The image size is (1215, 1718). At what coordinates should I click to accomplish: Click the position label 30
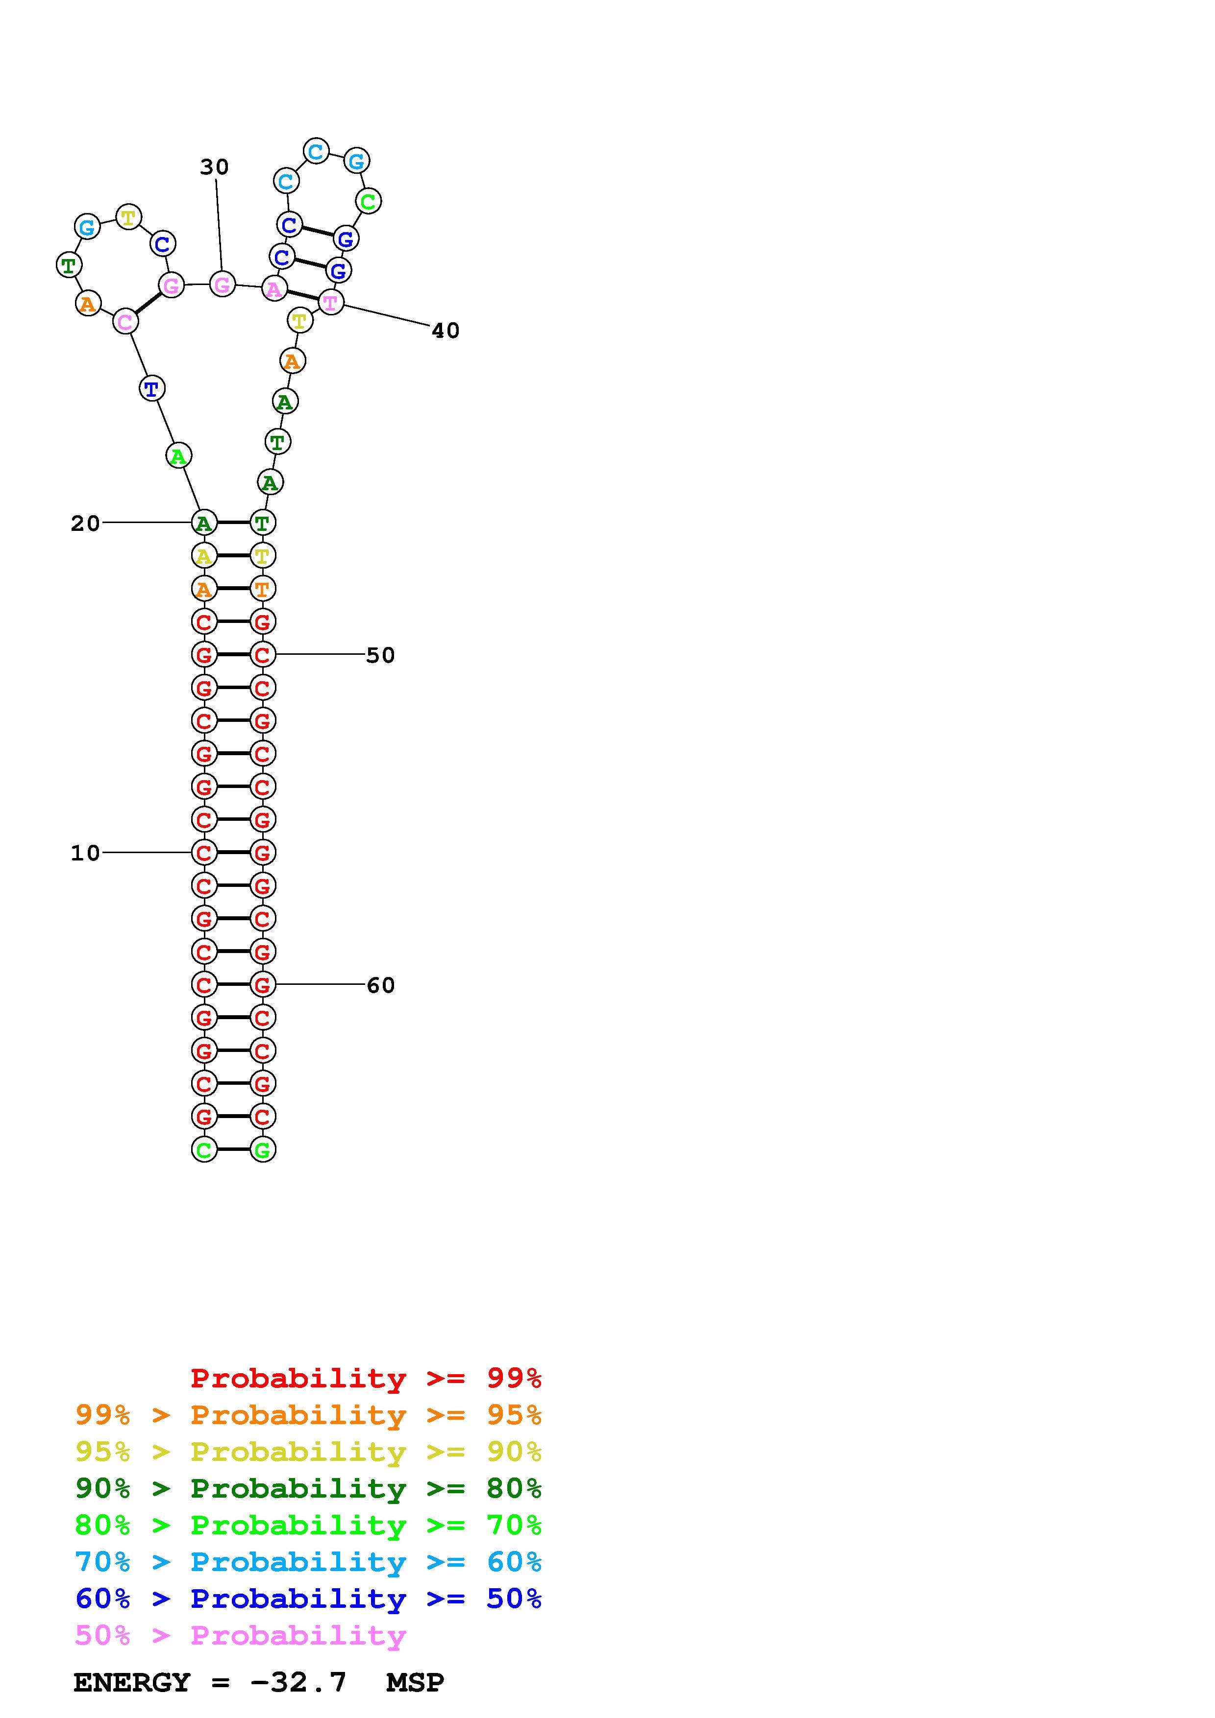click(x=214, y=167)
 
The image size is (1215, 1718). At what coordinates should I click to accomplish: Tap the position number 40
click(x=446, y=331)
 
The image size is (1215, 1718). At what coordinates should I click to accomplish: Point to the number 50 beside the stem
click(x=380, y=655)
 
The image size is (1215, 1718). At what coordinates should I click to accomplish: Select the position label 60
click(x=380, y=985)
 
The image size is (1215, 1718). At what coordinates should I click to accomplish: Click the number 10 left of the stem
click(x=85, y=853)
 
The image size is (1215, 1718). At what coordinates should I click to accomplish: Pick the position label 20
click(x=85, y=524)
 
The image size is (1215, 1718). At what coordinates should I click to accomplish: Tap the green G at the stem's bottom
click(x=263, y=1149)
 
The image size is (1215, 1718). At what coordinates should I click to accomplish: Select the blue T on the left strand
click(x=152, y=388)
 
